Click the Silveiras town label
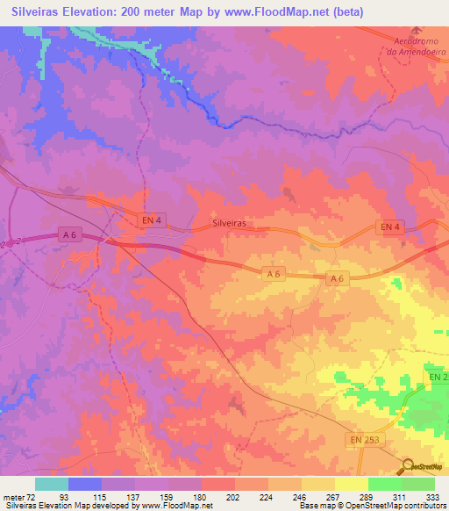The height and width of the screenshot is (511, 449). pos(229,224)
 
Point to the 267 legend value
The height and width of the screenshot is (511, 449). pos(334,496)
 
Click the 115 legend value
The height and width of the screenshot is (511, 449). pos(102,496)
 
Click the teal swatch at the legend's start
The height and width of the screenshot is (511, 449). pos(52,484)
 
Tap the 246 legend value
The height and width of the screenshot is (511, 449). pos(301,496)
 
